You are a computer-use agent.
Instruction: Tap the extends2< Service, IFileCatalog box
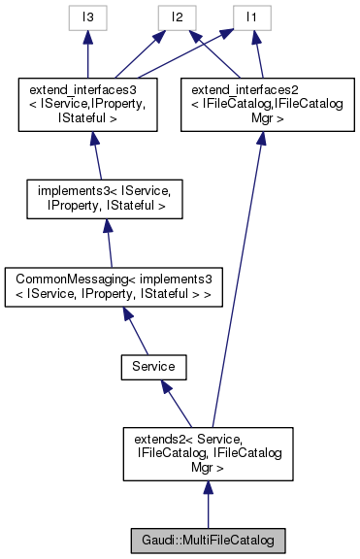208,453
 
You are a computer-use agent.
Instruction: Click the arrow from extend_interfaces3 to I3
86,53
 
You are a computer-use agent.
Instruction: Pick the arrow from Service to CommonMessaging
136,330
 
